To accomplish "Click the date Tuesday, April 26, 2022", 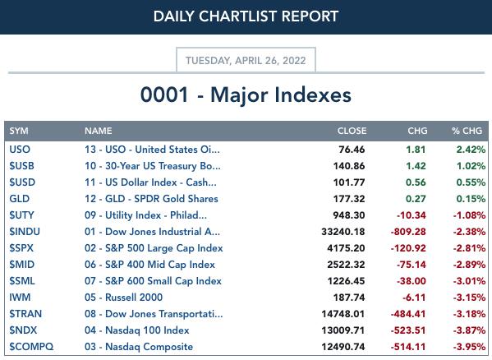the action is click(x=246, y=60).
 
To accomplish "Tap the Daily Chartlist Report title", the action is click(x=246, y=16).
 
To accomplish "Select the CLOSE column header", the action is click(x=352, y=131).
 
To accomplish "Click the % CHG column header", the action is click(x=467, y=131).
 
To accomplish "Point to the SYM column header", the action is click(x=19, y=131).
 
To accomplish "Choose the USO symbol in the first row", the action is click(x=20, y=150).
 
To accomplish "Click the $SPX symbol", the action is click(x=21, y=248).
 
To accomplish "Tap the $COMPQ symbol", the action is click(x=31, y=347).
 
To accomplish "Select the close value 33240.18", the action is click(x=343, y=232).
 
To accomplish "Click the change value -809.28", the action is click(x=408, y=232).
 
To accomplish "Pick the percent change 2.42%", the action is click(x=471, y=150).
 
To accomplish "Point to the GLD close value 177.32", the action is click(x=349, y=199).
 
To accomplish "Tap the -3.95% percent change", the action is click(x=469, y=347).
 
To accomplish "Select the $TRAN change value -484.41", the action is click(x=408, y=314).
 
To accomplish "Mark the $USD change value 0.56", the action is click(x=416, y=182).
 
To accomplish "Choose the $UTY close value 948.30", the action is click(x=349, y=215).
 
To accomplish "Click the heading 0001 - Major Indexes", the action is click(x=246, y=95).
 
